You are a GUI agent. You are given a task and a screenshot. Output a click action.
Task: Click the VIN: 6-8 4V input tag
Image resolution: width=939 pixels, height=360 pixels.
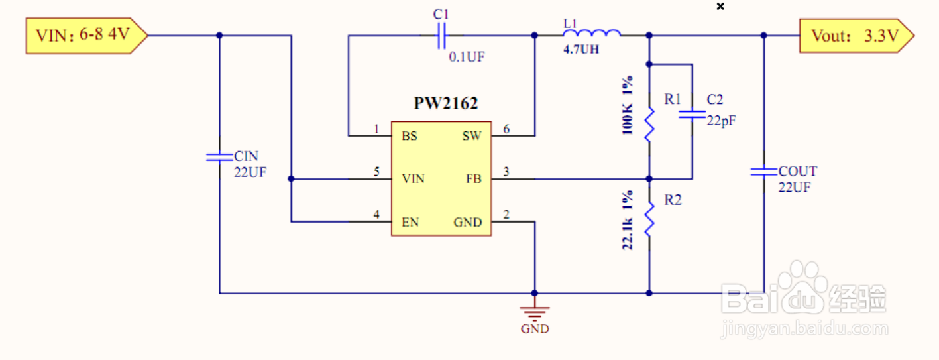(86, 35)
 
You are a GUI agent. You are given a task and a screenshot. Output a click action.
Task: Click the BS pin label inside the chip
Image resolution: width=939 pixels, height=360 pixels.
(409, 136)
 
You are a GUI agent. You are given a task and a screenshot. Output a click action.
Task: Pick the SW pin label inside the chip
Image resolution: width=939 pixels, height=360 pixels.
(472, 136)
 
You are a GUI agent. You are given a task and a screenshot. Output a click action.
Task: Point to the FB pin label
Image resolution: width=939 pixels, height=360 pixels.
(474, 179)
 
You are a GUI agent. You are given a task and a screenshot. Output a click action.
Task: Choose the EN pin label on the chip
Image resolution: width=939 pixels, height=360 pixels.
(410, 222)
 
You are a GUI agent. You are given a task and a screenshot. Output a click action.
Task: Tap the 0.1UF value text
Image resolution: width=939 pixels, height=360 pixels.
(467, 57)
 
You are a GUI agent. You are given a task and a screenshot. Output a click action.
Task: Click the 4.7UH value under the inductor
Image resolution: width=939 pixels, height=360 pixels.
(581, 49)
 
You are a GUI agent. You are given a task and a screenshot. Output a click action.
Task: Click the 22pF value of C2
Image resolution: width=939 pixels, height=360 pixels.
(722, 121)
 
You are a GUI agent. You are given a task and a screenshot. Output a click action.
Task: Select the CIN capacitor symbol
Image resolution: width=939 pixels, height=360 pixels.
(219, 157)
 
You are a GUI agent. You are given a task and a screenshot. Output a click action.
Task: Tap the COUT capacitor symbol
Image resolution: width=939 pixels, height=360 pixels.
(763, 172)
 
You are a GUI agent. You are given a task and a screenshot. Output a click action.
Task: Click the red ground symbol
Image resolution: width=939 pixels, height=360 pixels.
(534, 312)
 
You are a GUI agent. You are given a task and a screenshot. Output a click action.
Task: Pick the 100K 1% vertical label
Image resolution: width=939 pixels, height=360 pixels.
(628, 106)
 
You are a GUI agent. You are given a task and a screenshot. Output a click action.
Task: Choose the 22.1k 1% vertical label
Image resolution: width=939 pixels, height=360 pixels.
(628, 219)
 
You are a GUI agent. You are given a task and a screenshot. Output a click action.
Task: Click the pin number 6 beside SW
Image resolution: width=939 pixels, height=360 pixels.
(506, 129)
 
